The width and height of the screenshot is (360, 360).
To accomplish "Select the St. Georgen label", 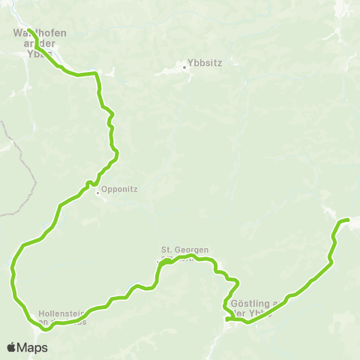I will [184, 250].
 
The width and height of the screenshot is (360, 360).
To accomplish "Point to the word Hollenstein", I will [60, 313].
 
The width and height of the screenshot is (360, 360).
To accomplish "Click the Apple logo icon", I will [11, 347].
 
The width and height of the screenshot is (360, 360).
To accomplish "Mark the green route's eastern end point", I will [348, 219].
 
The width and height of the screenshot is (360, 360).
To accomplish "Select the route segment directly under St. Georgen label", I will [184, 259].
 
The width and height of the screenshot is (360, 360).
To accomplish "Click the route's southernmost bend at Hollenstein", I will [47, 328].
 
